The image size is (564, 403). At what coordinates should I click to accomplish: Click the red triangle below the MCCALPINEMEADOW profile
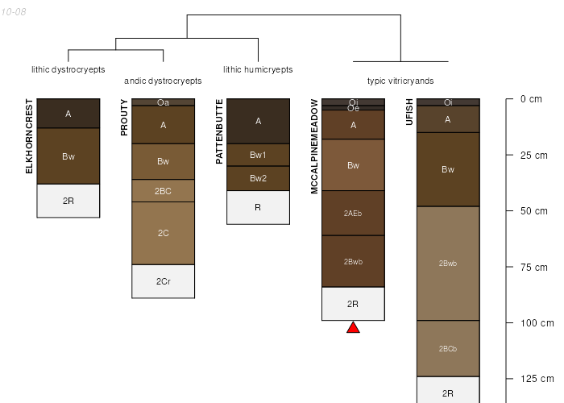[353, 328]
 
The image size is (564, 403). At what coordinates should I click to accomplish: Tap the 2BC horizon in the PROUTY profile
[164, 191]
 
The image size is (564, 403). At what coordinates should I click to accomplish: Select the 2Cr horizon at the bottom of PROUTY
[164, 281]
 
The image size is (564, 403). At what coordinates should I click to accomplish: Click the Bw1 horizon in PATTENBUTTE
[259, 155]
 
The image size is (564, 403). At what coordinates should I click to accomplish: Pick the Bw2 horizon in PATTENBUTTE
[259, 178]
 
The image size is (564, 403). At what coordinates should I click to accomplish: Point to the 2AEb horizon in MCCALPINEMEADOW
[353, 213]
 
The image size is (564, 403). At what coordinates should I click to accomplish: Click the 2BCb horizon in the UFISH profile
[448, 348]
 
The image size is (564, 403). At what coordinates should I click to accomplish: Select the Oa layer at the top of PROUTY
[164, 102]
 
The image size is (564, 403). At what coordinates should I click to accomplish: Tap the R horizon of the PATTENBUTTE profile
[259, 208]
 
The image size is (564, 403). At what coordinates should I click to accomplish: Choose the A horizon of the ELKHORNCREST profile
[68, 114]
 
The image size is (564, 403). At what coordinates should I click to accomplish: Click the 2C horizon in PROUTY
[164, 233]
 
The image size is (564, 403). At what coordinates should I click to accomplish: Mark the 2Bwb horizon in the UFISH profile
[448, 264]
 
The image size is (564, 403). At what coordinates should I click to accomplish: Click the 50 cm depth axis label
[533, 211]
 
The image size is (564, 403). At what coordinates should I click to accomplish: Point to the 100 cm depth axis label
[537, 323]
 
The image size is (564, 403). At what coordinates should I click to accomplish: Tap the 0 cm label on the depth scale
[531, 99]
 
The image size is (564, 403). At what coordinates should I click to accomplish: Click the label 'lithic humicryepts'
[258, 69]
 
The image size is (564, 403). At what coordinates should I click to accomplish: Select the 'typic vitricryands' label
[400, 81]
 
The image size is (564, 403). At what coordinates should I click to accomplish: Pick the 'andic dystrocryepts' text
[163, 81]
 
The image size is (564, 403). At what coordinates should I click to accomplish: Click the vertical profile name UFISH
[409, 112]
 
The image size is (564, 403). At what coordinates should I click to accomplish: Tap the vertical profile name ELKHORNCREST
[29, 136]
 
